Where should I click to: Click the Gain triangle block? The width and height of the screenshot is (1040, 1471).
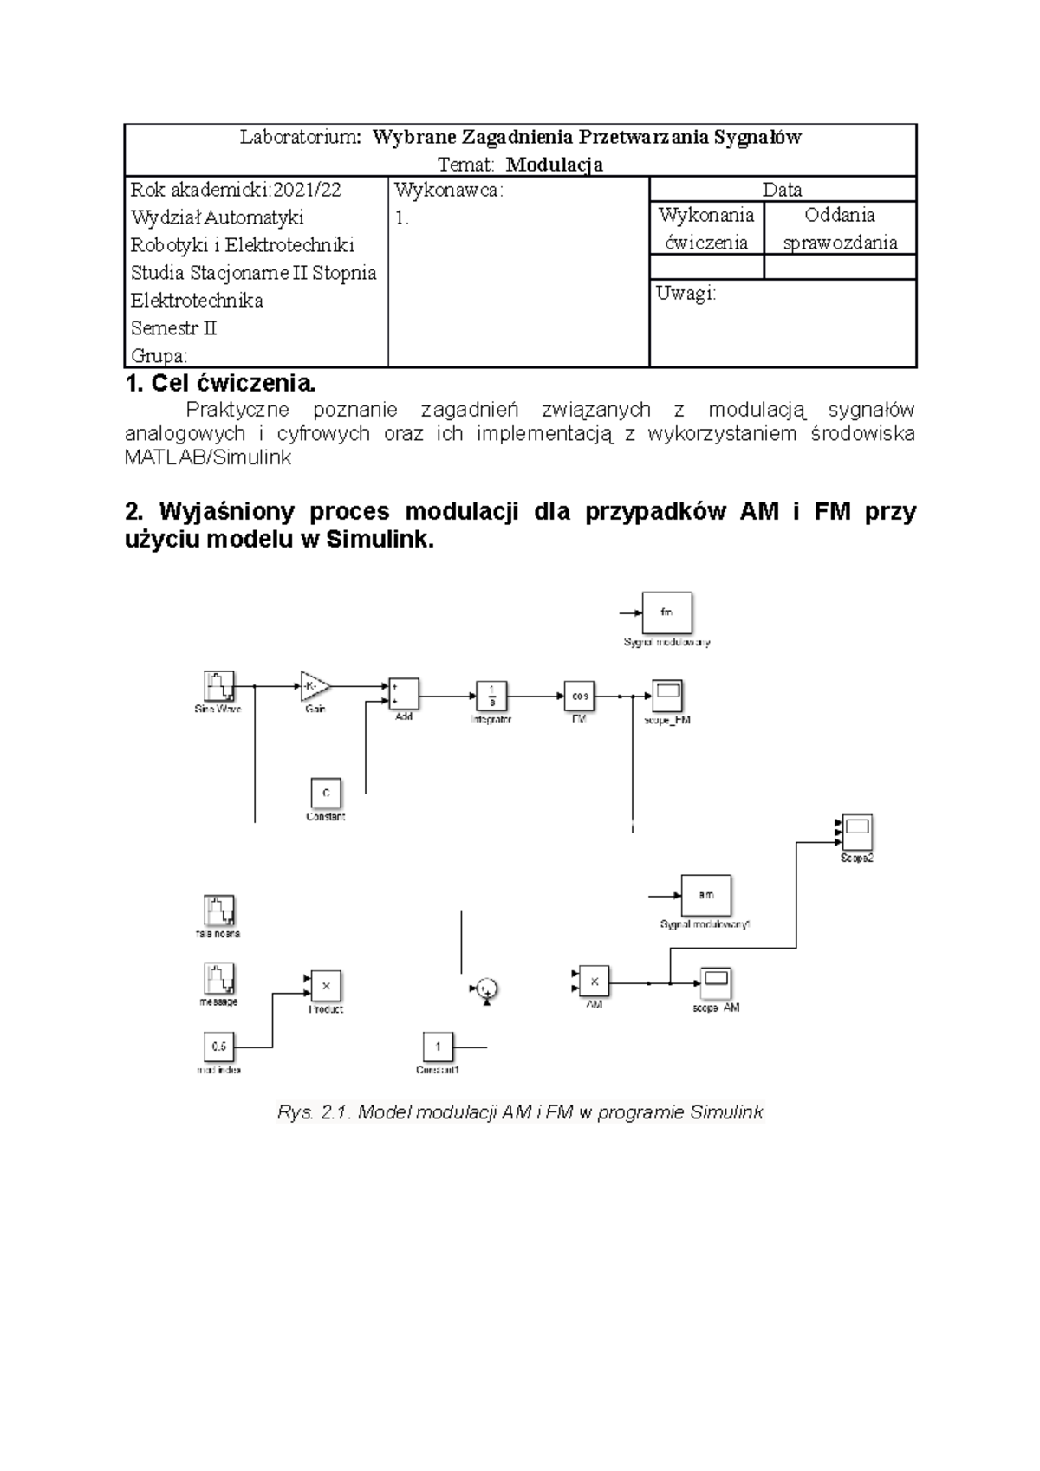315,687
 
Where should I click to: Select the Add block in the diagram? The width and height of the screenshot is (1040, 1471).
403,693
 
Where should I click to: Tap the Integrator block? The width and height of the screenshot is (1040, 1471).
491,696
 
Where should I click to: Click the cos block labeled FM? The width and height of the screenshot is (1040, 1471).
579,696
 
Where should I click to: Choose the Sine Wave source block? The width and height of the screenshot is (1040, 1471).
218,687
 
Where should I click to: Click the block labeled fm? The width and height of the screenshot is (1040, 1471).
666,613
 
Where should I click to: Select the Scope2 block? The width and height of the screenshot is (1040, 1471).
856,833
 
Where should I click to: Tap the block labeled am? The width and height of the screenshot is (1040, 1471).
705,896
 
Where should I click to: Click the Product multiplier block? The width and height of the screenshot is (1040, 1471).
326,986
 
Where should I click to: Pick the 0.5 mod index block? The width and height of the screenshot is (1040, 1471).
218,1047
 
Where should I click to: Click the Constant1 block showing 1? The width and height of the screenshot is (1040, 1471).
438,1047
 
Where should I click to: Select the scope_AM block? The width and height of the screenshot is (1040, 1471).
716,983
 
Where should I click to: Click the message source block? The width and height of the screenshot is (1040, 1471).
219,979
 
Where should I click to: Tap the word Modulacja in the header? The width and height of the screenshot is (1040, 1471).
555,165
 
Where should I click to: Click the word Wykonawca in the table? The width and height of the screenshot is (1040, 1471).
447,191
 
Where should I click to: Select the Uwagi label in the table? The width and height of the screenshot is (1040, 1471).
686,294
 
